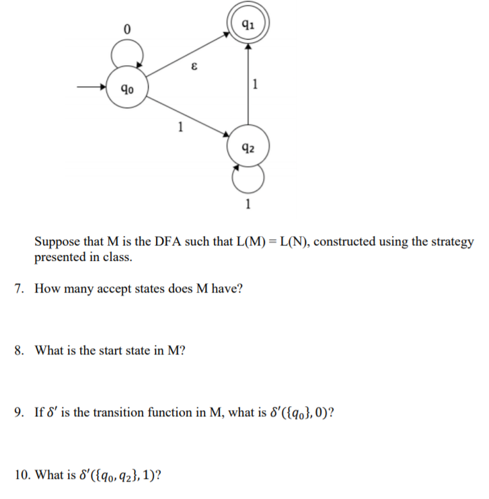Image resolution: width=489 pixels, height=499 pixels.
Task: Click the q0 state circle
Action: pos(126,87)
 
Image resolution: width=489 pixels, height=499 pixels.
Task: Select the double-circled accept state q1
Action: pos(248,27)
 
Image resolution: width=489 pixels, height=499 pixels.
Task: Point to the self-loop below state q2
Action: pos(248,178)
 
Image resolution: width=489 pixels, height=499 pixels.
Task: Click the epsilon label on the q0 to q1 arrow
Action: pos(194,65)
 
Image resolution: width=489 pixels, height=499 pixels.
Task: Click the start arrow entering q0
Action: pos(91,87)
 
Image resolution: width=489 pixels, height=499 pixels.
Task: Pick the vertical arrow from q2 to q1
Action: pos(248,87)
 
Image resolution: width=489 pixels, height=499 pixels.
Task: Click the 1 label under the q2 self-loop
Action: pos(248,205)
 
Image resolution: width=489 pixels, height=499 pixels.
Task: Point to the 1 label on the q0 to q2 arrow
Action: pos(180,125)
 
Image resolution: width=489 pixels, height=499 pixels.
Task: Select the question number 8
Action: pos(20,350)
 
